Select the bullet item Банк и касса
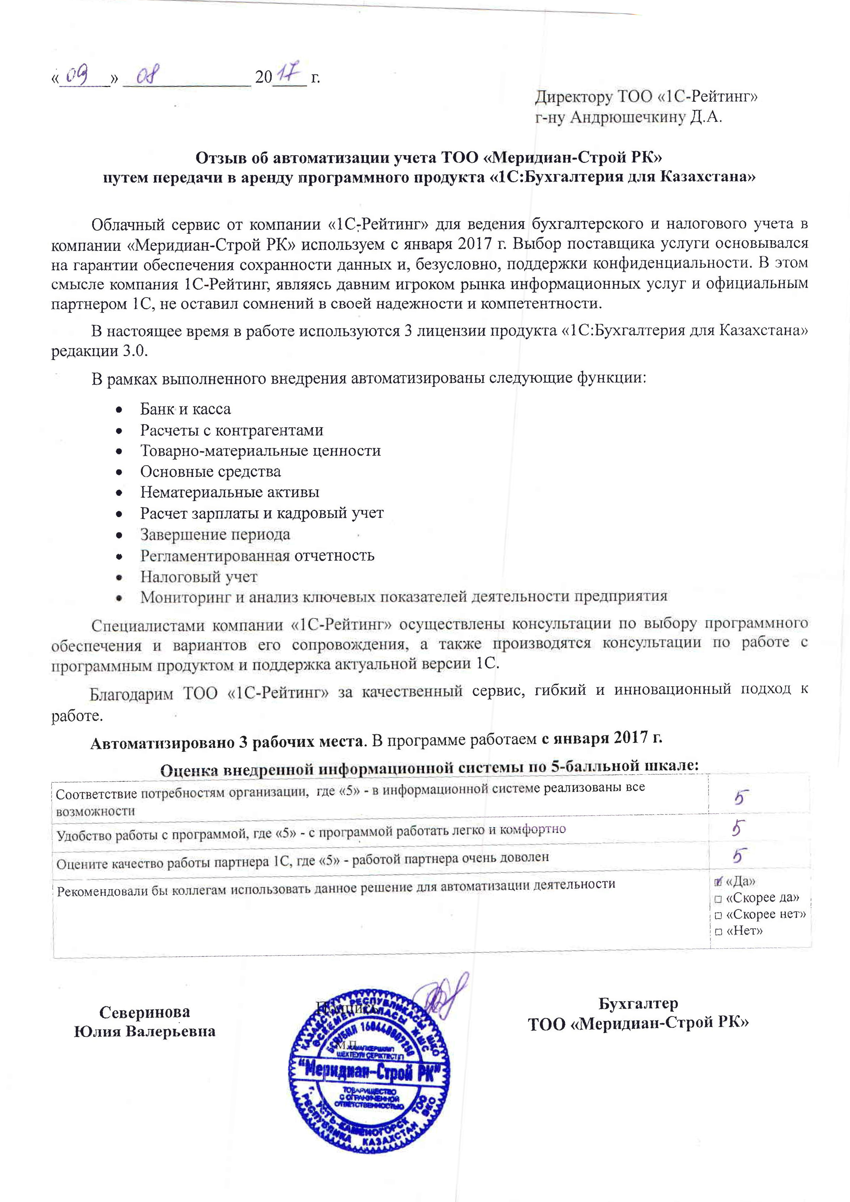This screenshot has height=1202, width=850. coord(185,409)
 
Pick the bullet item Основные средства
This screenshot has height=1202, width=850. coord(210,472)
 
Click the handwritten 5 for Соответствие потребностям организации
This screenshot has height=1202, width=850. coord(741,798)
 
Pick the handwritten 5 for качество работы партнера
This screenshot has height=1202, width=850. coord(739,856)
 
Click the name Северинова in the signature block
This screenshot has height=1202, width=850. coord(145,1012)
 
